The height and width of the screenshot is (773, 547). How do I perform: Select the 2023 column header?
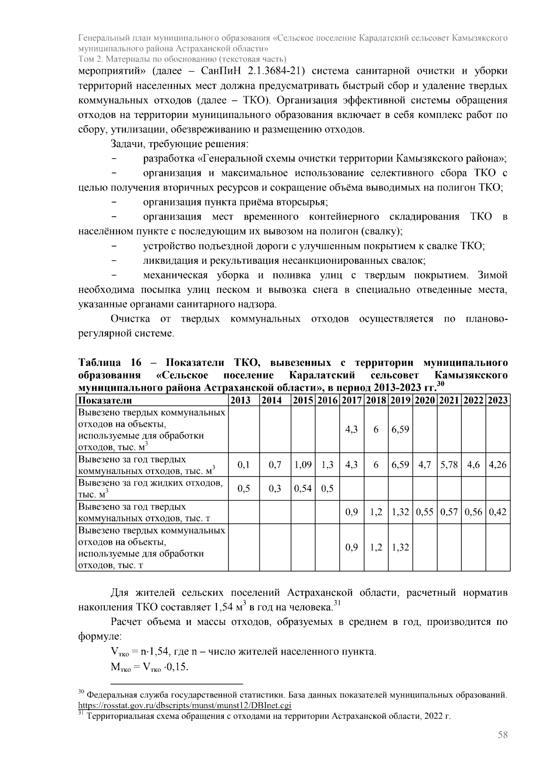[x=498, y=400]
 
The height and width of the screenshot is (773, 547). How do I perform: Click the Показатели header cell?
[x=105, y=400]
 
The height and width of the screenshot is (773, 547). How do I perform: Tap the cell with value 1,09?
[x=303, y=465]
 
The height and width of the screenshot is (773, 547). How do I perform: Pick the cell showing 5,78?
[x=449, y=465]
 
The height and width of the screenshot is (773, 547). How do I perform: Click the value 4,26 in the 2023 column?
[x=498, y=465]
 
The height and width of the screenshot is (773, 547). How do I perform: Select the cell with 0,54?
[x=303, y=489]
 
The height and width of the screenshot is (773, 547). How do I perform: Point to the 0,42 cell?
[x=498, y=512]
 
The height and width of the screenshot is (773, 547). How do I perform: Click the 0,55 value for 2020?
[x=425, y=512]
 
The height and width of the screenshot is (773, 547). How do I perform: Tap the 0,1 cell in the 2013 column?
[x=244, y=465]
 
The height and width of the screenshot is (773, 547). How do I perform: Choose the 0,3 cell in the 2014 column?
[x=275, y=489]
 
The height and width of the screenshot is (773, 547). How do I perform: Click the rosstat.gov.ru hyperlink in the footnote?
[x=185, y=706]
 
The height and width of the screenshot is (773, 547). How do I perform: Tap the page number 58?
[x=503, y=735]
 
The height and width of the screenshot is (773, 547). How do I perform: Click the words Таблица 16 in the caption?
[x=110, y=363]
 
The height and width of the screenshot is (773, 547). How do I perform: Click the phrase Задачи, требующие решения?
[x=179, y=144]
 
